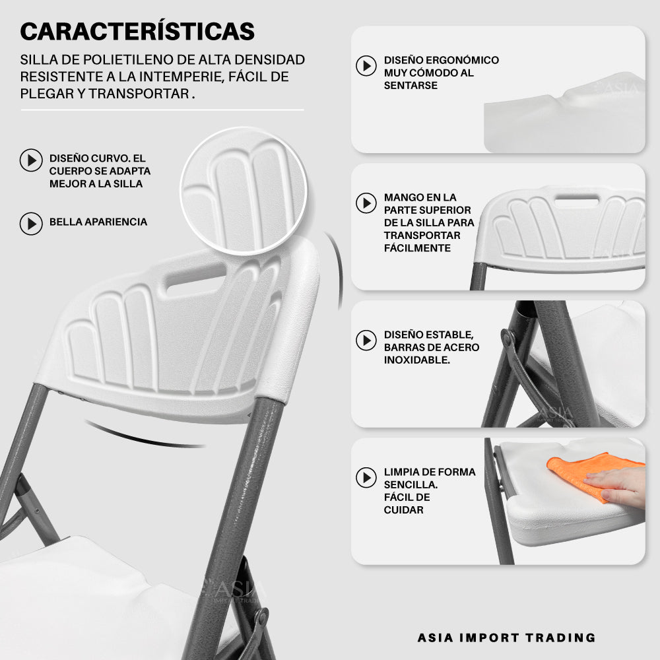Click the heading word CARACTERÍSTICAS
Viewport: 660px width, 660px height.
(x=137, y=31)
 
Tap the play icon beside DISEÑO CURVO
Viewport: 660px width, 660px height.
(x=31, y=160)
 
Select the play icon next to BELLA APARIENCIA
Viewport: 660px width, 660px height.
(x=31, y=224)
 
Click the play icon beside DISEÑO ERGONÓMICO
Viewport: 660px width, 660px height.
(x=366, y=65)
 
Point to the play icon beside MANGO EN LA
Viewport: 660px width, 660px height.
(x=366, y=203)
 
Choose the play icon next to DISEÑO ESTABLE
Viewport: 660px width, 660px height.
(x=366, y=340)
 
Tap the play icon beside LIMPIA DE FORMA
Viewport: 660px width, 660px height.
(x=366, y=477)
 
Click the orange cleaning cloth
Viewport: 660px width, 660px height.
(x=589, y=471)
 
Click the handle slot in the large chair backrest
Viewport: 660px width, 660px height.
(x=197, y=277)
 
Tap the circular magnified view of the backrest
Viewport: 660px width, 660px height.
(x=244, y=191)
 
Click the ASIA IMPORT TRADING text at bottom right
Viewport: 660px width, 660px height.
(x=506, y=638)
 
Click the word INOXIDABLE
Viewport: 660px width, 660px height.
(x=416, y=360)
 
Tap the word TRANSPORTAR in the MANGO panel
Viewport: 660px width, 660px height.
(x=422, y=236)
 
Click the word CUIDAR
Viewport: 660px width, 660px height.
(x=404, y=510)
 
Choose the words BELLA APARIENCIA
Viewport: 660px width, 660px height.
(x=98, y=222)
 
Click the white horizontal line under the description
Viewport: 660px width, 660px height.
(x=162, y=110)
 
